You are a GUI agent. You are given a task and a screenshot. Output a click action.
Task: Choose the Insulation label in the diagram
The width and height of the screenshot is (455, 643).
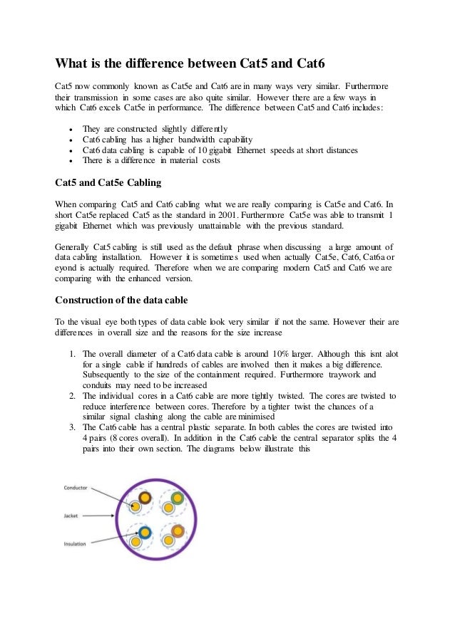click(74, 543)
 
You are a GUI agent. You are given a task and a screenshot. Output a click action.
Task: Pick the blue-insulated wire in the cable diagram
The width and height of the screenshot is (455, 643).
click(145, 533)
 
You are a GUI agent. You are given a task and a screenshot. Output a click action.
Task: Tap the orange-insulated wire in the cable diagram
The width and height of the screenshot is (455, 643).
click(178, 530)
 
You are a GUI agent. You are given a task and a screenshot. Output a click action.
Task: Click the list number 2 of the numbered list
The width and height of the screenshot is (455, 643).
click(73, 394)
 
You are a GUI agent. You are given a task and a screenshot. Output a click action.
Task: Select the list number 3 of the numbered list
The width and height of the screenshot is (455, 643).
click(73, 426)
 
